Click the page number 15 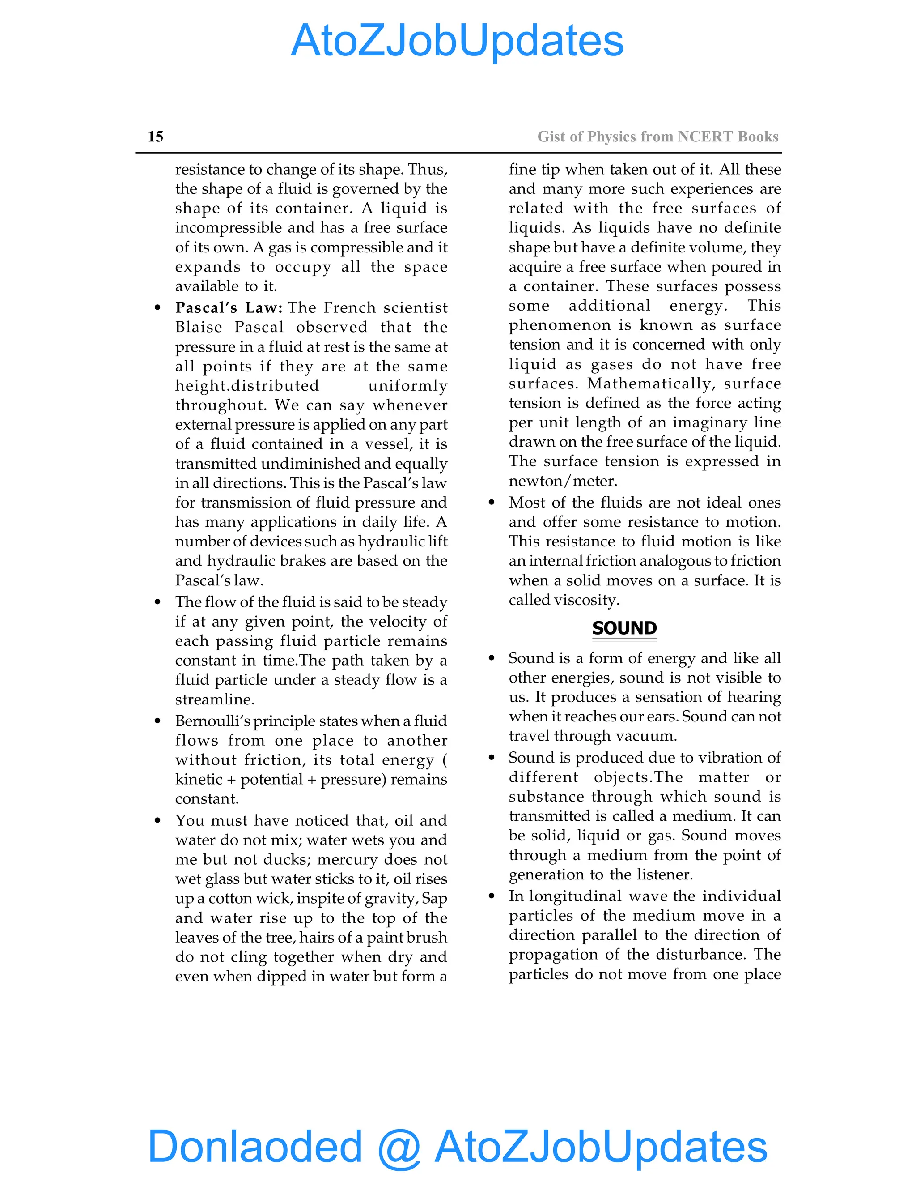coord(155,137)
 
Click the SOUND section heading coord(624,628)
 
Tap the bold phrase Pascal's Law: coord(229,308)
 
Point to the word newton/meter coord(562,481)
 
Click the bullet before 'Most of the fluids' coord(492,503)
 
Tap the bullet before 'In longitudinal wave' coord(492,896)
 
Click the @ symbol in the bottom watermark coord(399,1147)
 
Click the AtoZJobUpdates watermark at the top coord(458,41)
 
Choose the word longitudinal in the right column coord(582,896)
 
